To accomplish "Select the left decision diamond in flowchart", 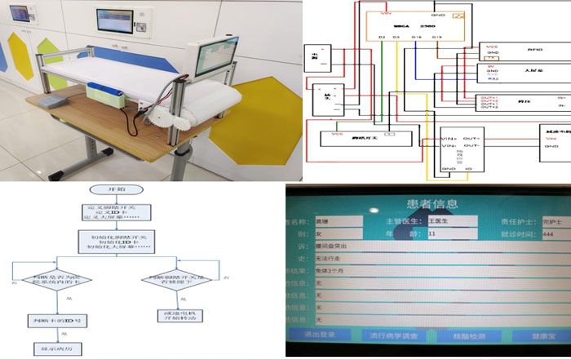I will pos(56,282).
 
